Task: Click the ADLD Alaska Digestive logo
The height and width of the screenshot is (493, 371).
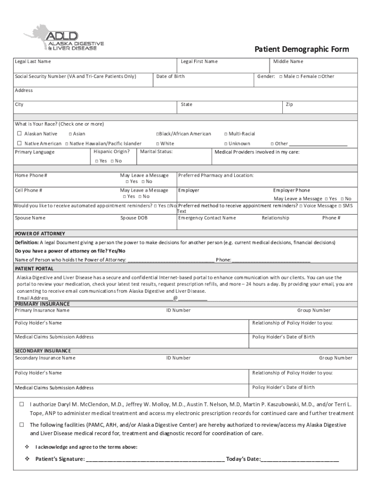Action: click(x=64, y=39)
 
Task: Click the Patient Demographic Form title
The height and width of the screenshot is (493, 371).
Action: click(x=302, y=49)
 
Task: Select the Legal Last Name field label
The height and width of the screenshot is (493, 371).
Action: click(x=33, y=62)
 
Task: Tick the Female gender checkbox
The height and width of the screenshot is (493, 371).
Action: click(x=298, y=77)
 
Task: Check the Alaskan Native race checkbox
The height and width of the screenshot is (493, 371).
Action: click(x=19, y=134)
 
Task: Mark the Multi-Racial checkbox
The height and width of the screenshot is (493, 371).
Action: click(x=226, y=134)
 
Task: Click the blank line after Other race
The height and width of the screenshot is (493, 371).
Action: click(x=318, y=144)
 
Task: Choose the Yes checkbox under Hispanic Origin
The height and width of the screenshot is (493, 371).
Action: click(x=97, y=161)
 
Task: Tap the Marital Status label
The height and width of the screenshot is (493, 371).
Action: click(x=156, y=152)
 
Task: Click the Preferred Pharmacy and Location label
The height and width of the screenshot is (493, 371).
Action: click(x=215, y=176)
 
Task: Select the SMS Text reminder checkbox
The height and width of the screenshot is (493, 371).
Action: click(x=340, y=206)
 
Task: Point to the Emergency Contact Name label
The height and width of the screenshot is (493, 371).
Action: click(x=207, y=218)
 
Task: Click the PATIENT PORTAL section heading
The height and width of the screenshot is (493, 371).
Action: click(x=34, y=269)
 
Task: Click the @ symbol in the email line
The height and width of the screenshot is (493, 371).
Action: click(x=175, y=298)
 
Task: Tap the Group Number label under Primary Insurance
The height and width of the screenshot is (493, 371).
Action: click(x=314, y=311)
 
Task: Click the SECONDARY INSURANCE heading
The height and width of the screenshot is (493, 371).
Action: click(x=43, y=351)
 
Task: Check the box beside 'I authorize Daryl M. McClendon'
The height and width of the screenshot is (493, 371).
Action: click(x=22, y=404)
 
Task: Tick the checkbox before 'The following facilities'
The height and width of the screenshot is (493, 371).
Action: click(x=22, y=425)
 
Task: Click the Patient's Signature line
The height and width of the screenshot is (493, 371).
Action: click(x=154, y=459)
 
